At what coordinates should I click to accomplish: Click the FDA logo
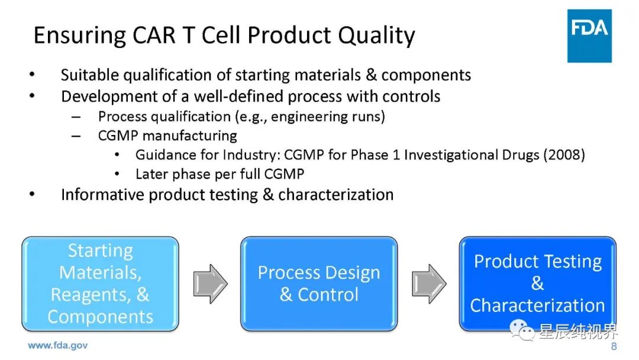click(x=589, y=36)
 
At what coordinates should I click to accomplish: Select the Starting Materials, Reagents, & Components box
click(x=100, y=284)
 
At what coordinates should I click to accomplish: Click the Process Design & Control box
click(x=319, y=284)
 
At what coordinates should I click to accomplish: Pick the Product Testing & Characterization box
click(x=537, y=284)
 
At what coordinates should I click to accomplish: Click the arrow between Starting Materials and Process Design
click(x=210, y=284)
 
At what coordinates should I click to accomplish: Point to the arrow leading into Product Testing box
click(x=429, y=284)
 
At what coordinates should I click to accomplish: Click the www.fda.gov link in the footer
click(x=57, y=346)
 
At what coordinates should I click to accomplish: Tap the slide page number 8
click(x=614, y=346)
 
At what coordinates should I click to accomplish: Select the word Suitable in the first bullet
click(x=90, y=75)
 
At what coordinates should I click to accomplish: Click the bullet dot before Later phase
click(x=117, y=174)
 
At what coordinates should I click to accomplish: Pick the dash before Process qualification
click(x=76, y=117)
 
